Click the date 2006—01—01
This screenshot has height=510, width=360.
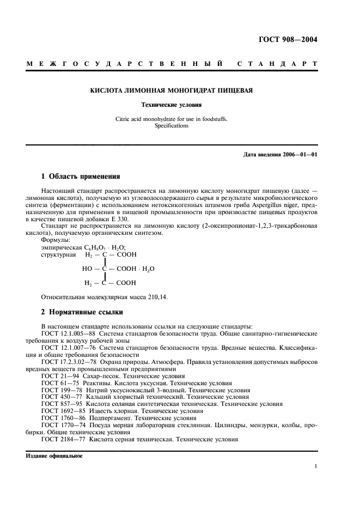click(x=298, y=154)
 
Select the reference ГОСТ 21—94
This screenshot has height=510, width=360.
click(x=57, y=376)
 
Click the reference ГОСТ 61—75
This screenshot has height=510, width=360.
click(x=57, y=383)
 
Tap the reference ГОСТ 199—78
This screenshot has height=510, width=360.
click(x=59, y=390)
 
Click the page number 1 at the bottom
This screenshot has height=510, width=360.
click(x=316, y=466)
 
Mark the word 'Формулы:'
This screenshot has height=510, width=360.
click(x=56, y=239)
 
